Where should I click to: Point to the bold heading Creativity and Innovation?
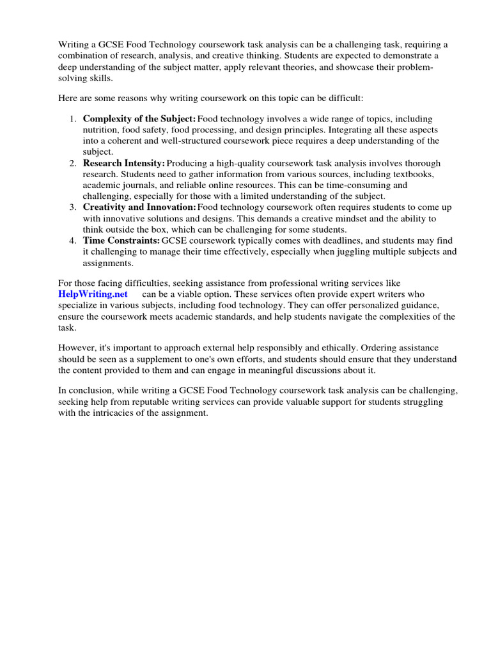coord(139,207)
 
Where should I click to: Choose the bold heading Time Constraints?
coord(121,240)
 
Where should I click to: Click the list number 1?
coord(72,119)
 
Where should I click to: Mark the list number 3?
coord(72,207)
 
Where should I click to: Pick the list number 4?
coord(72,240)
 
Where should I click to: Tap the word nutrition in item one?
coord(100,130)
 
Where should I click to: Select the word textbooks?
coord(412,174)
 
